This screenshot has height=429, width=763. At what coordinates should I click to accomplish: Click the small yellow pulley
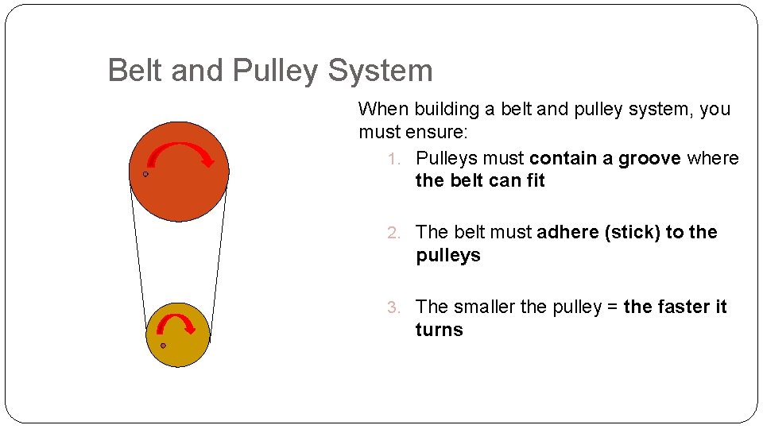[178, 350]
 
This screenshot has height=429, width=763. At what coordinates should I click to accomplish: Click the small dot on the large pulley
[145, 174]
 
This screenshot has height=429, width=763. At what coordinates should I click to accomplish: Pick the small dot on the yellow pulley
[163, 346]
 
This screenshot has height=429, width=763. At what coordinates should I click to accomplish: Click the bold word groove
[649, 158]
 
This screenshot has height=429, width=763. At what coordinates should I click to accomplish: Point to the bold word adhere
[567, 232]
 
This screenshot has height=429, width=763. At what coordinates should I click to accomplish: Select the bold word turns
[439, 330]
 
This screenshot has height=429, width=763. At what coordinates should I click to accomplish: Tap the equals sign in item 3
[613, 307]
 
